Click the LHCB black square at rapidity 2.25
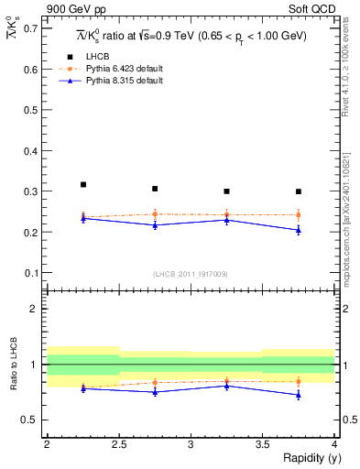click(83, 185)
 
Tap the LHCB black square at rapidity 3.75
click(299, 191)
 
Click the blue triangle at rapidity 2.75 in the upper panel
click(155, 224)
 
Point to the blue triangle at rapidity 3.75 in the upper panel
click(299, 230)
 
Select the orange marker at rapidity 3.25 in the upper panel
click(227, 215)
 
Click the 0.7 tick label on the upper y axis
click(30, 28)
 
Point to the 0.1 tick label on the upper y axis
click(30, 273)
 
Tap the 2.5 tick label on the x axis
click(118, 443)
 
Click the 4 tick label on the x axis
click(334, 443)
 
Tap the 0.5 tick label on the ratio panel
click(30, 420)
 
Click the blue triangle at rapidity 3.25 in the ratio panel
click(227, 386)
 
